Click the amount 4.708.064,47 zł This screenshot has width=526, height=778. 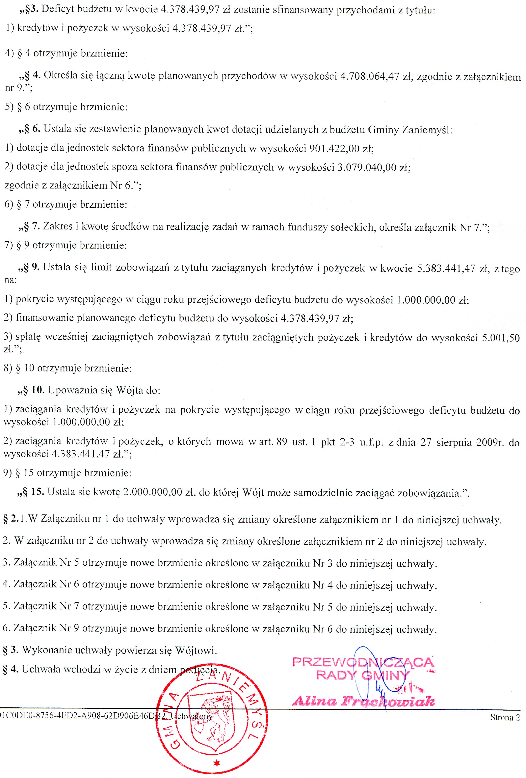click(x=375, y=77)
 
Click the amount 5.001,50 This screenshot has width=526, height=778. click(x=501, y=338)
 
